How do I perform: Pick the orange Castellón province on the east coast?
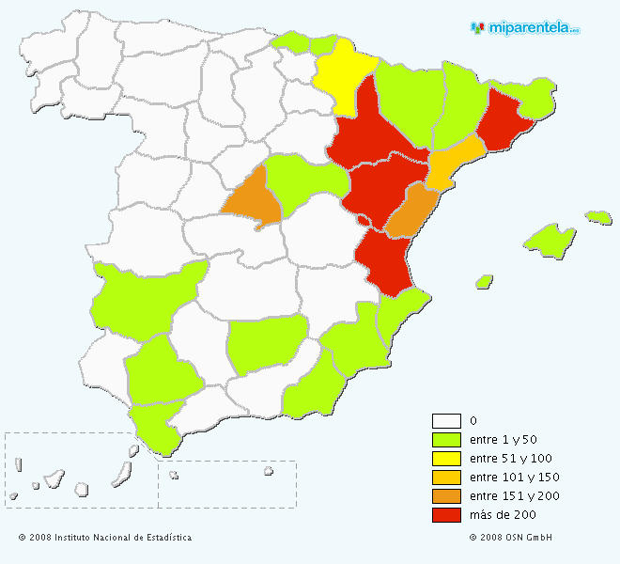click(411, 211)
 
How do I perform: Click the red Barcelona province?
click(504, 123)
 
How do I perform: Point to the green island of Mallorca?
click(550, 239)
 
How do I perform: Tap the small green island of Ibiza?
click(485, 281)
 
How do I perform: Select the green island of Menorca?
click(598, 217)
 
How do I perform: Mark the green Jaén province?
click(267, 344)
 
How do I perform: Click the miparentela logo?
click(525, 27)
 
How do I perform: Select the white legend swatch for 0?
click(446, 421)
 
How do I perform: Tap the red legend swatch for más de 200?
click(446, 515)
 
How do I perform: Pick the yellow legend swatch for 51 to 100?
click(446, 459)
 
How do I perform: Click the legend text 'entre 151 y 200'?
click(514, 496)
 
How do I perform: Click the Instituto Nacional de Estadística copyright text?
click(104, 538)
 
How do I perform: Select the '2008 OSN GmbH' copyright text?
click(511, 538)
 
